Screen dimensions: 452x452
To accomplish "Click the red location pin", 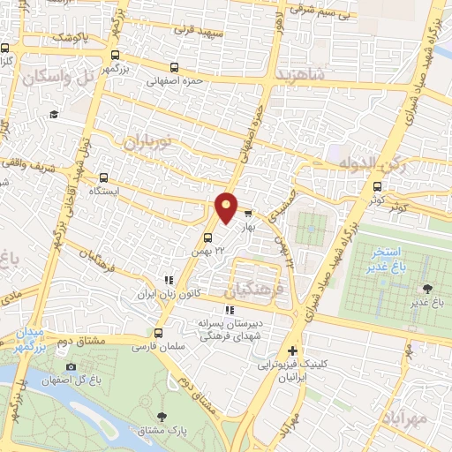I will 227,206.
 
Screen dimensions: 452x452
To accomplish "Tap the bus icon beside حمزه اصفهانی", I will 174,67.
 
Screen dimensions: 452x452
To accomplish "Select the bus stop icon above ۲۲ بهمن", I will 207,237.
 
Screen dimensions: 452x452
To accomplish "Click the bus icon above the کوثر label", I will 378,186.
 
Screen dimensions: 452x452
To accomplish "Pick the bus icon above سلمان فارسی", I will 158,333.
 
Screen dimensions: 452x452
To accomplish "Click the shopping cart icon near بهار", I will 248,213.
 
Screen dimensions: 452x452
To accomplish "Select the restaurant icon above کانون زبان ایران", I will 169,280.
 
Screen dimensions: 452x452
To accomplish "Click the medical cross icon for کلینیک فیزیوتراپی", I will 293,350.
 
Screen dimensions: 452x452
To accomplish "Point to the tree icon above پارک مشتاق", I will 161,416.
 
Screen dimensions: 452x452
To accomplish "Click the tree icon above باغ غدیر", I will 427,289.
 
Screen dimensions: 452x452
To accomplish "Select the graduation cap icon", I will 54,114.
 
